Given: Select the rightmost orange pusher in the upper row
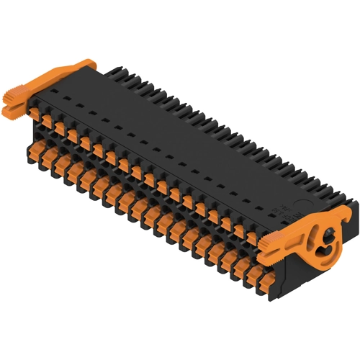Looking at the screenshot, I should point(252,238).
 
